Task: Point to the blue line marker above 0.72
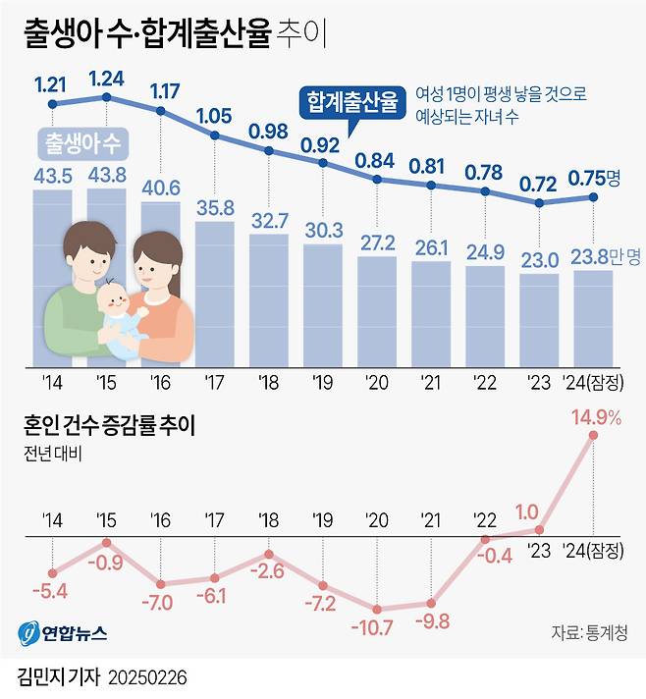tap(539, 203)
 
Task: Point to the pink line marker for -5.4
tap(52, 574)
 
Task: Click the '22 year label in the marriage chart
tap(484, 518)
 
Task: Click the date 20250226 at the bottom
tap(144, 678)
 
